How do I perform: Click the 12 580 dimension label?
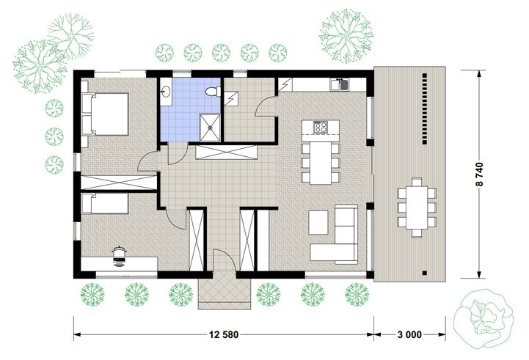click(x=224, y=334)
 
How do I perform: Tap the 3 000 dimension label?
click(x=409, y=334)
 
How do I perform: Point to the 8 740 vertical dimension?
click(x=480, y=175)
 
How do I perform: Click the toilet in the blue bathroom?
click(x=214, y=91)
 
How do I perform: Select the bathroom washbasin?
click(x=165, y=91)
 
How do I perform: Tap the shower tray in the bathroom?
click(x=210, y=128)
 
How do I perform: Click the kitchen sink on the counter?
click(x=340, y=84)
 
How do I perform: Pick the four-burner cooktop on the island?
click(x=321, y=127)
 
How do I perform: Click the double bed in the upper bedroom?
click(x=105, y=114)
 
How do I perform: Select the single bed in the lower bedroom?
click(x=105, y=203)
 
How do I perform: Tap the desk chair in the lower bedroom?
click(x=119, y=256)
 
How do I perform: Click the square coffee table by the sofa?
click(x=318, y=222)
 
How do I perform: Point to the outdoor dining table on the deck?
click(x=417, y=207)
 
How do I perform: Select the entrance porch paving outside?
click(x=225, y=290)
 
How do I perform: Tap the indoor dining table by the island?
click(x=321, y=163)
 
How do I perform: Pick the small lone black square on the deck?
click(x=425, y=273)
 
